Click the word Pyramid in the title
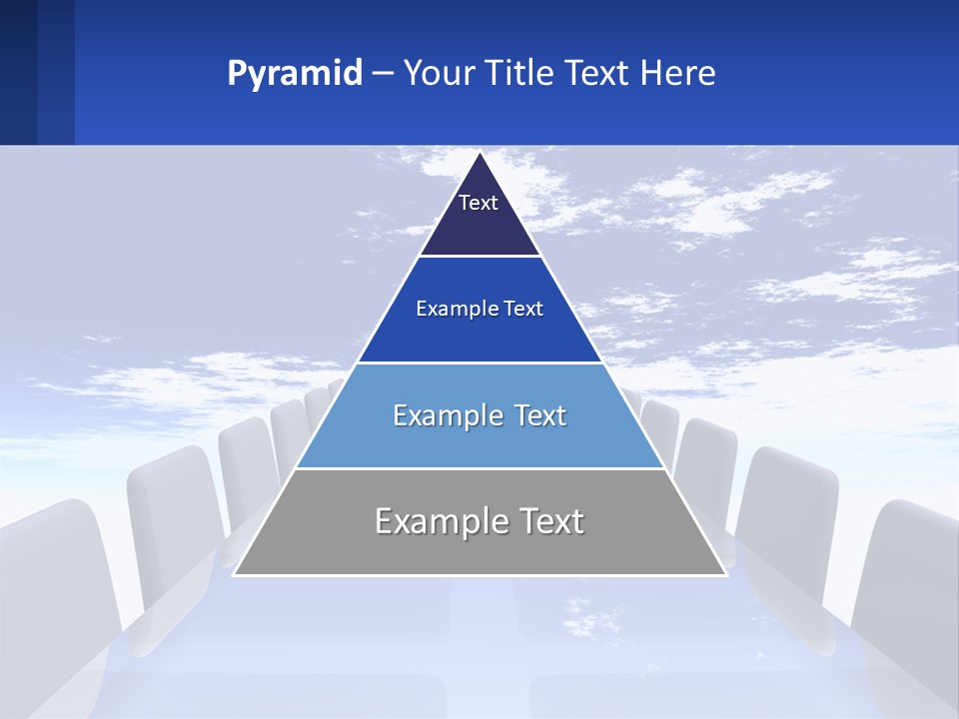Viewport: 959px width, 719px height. pos(295,74)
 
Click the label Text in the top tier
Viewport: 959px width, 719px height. pos(479,203)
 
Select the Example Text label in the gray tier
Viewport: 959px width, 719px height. pos(479,521)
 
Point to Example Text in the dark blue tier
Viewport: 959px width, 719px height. pos(479,309)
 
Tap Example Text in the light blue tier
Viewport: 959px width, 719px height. pos(479,415)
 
